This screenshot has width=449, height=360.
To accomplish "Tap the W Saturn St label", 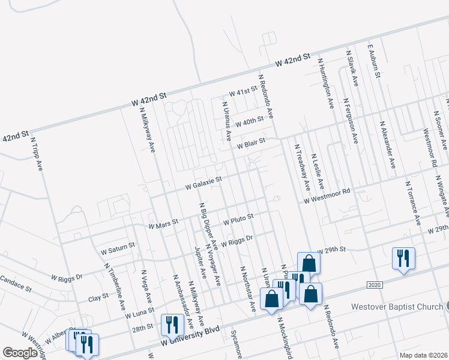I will click(x=118, y=247).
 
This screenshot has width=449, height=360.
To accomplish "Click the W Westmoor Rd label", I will click(x=326, y=194).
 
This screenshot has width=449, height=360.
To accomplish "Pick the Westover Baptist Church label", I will click(x=397, y=307).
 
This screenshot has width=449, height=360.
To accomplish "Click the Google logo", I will click(x=20, y=353).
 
